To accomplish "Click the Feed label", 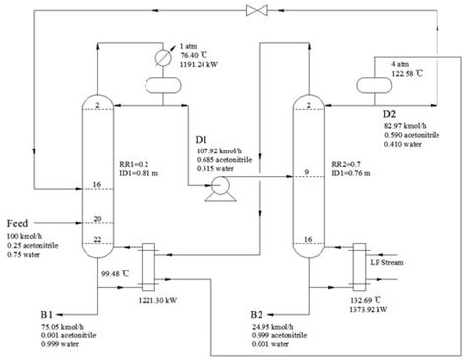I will click(x=22, y=224).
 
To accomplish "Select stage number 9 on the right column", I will click(x=308, y=174).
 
